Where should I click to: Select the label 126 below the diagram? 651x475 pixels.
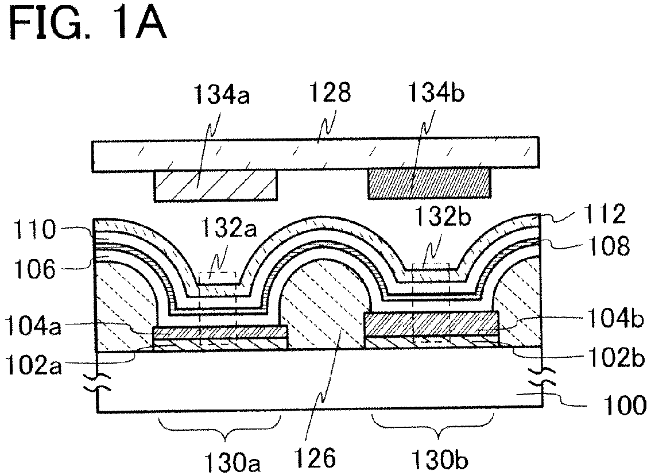[315, 459]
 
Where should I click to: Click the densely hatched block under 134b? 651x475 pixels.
[428, 184]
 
